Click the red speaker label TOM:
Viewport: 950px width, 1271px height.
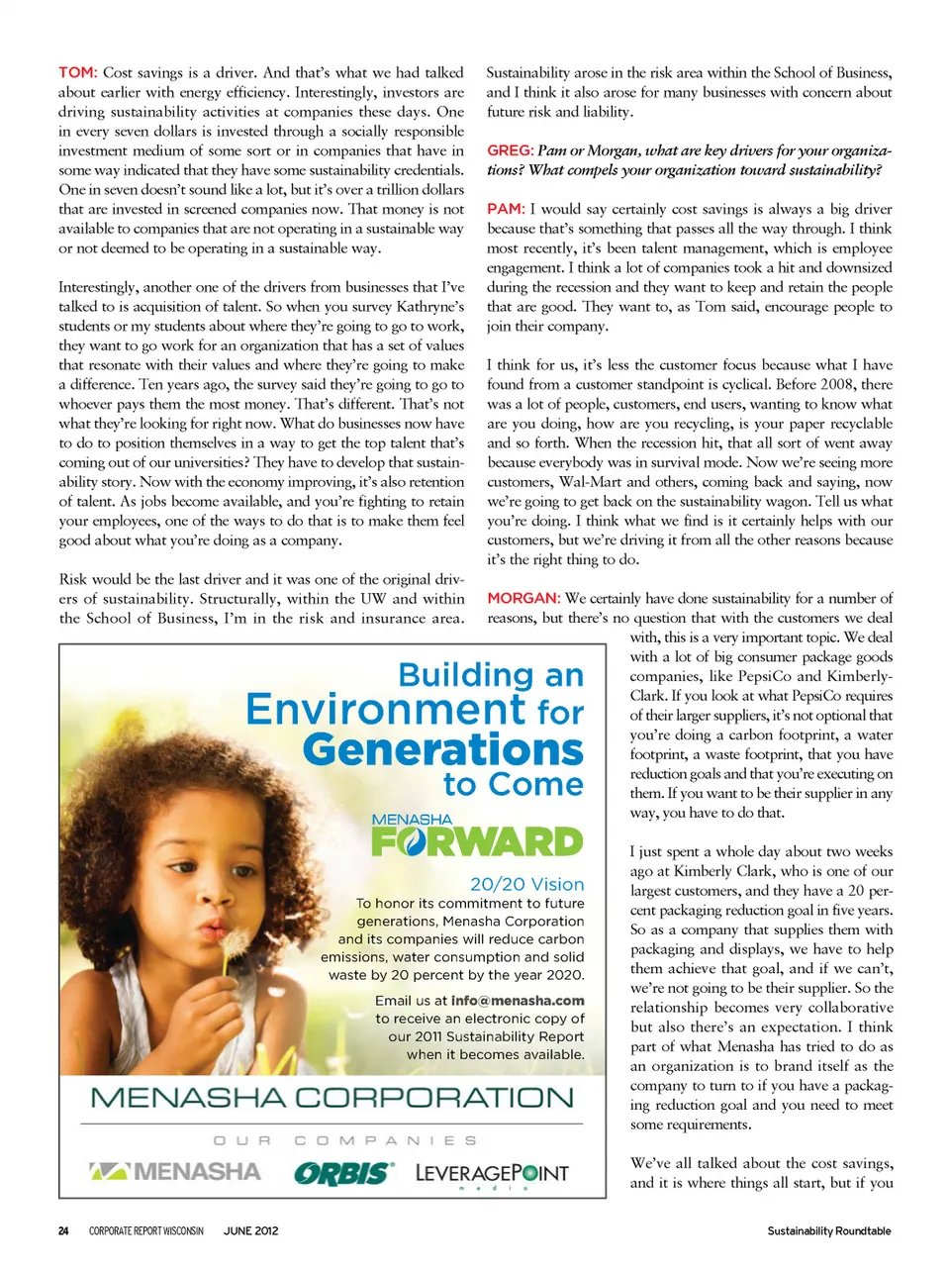[77, 72]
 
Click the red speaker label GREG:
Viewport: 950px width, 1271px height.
[510, 150]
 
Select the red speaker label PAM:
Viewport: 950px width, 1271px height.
[505, 209]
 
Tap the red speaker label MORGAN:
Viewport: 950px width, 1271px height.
[523, 599]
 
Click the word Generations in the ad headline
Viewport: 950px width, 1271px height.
[443, 749]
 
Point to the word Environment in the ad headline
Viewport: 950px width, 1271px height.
[386, 710]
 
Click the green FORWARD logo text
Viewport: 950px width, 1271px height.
[477, 842]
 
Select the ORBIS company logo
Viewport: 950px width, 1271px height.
[343, 1174]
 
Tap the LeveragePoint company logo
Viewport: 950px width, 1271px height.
[492, 1174]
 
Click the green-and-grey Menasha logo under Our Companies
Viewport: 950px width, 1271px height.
[175, 1172]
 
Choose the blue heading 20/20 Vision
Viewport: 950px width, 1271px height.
[526, 884]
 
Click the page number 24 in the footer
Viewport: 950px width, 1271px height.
[63, 1231]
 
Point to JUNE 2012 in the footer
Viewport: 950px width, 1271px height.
[251, 1231]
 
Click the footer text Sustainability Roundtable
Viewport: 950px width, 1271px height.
[828, 1231]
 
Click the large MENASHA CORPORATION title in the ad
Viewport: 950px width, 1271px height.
[332, 1098]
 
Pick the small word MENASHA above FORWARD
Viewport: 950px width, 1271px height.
[412, 820]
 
